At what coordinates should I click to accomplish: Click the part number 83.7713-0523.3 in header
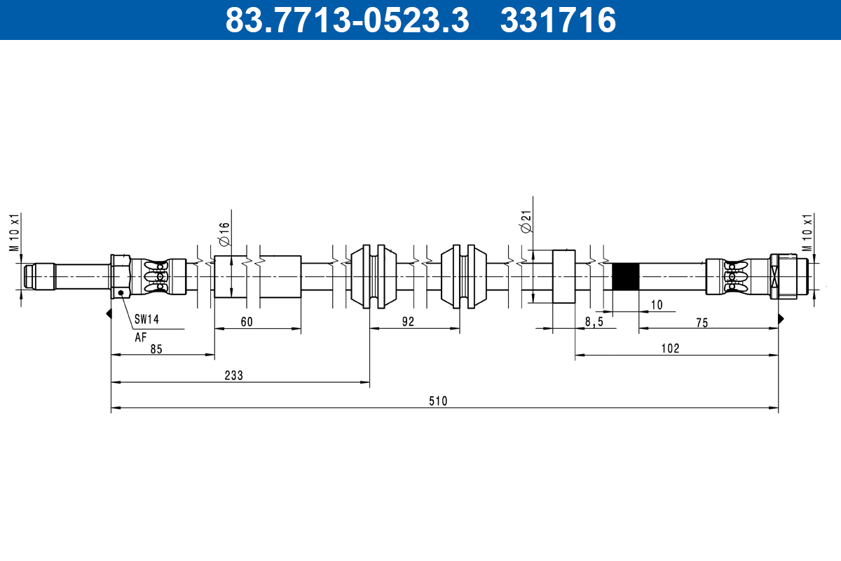pos(346,20)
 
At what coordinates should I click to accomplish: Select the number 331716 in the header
pos(558,20)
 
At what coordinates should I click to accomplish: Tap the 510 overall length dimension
pos(438,401)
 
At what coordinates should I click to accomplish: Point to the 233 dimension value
pos(233,375)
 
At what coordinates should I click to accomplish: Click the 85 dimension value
pos(156,349)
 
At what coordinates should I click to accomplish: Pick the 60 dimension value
pos(246,321)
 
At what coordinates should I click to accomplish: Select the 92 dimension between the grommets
pos(408,321)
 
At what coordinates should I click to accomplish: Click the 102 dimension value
pos(670,348)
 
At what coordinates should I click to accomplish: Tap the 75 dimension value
pos(702,322)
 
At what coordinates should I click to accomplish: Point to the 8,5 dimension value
pos(593,322)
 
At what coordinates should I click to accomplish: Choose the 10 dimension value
pos(656,304)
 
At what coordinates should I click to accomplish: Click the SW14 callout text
pos(147,319)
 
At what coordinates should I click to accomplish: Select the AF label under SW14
pos(141,337)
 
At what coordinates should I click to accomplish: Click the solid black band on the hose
pos(625,277)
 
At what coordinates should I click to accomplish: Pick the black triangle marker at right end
pos(780,318)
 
